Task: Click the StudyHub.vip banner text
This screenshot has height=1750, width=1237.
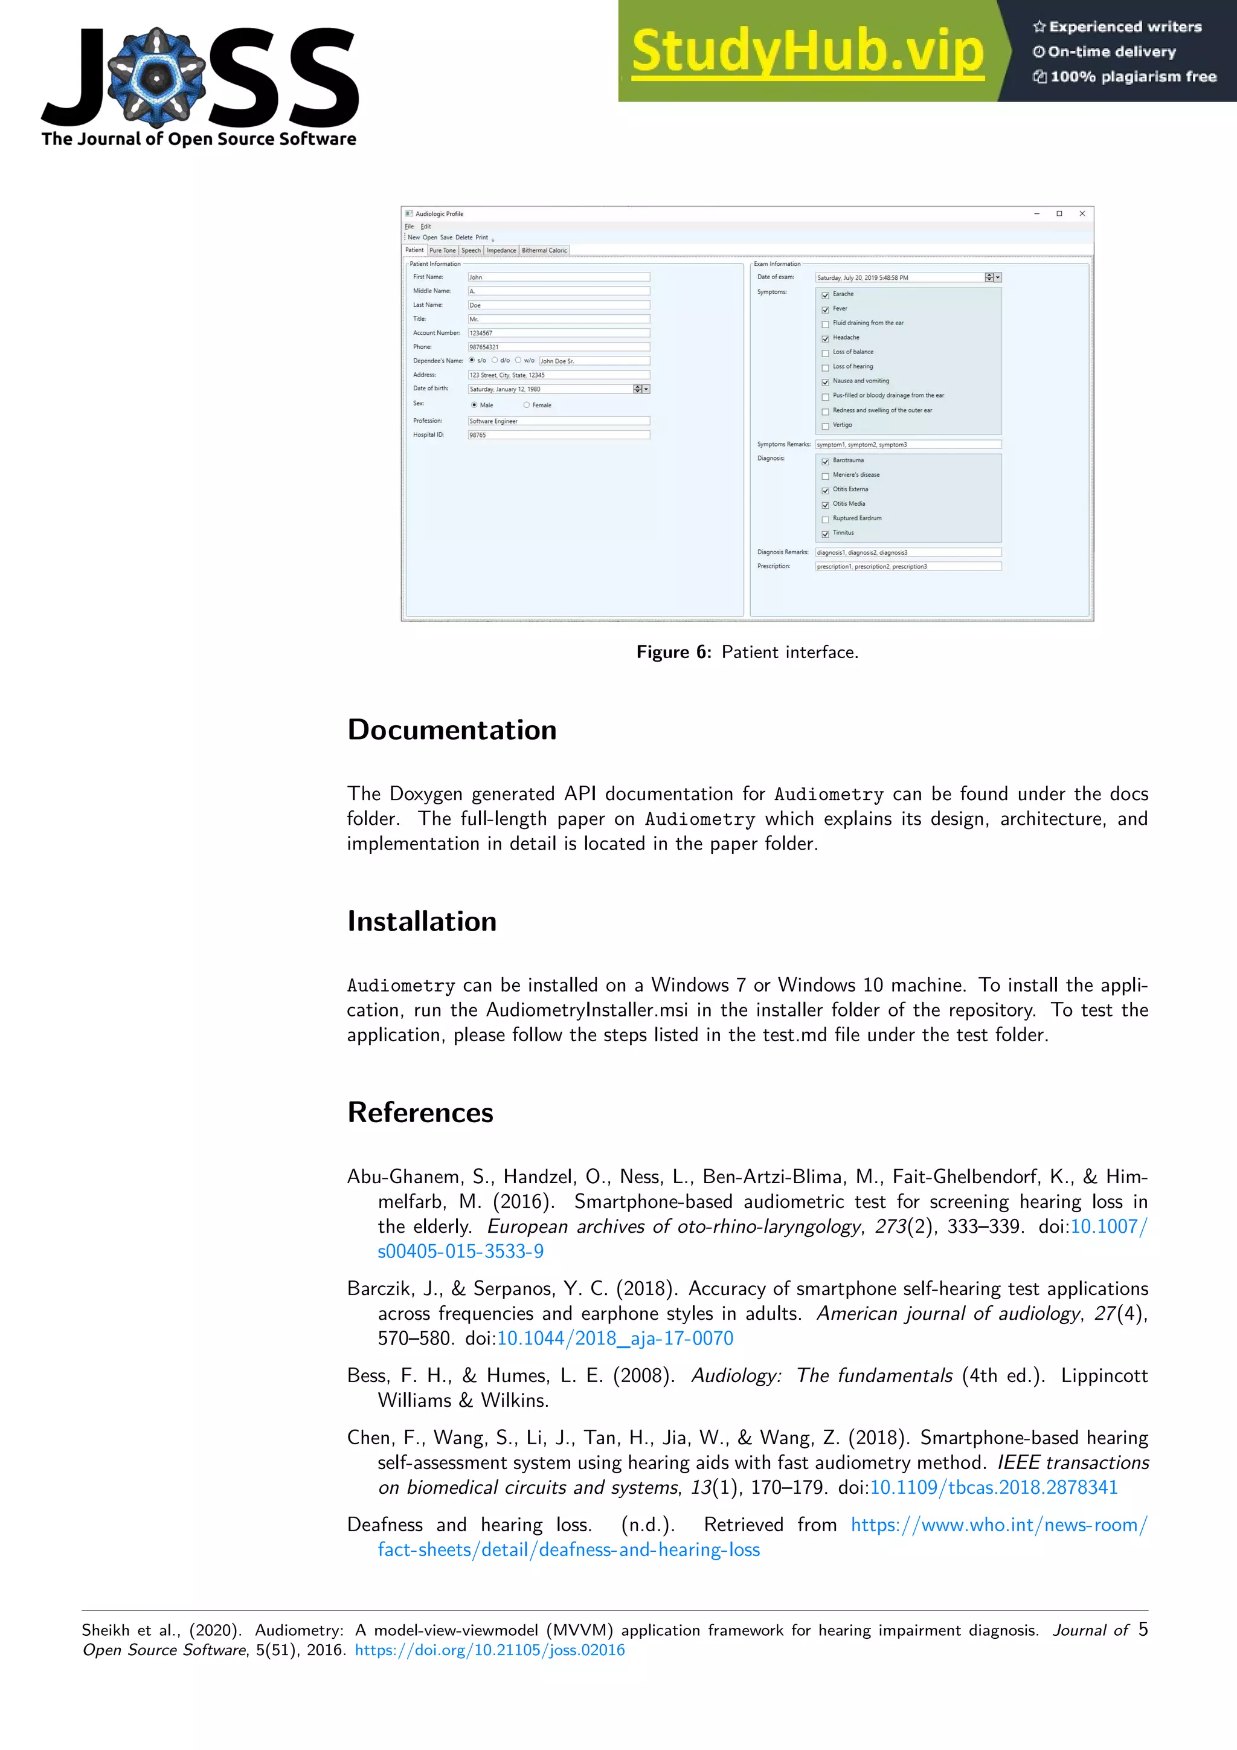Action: click(808, 51)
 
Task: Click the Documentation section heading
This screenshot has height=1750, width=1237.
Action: click(452, 729)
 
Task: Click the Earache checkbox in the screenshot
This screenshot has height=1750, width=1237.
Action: click(825, 295)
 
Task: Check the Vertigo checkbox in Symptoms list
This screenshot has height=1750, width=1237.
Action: click(825, 426)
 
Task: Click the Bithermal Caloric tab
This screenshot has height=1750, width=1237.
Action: click(544, 250)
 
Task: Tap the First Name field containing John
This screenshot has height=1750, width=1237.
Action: click(558, 277)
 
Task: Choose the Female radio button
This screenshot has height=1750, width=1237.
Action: click(526, 405)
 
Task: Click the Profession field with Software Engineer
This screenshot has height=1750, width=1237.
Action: click(558, 421)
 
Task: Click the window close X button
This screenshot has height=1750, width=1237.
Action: click(1082, 213)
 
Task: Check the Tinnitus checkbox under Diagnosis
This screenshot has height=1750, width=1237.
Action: click(825, 534)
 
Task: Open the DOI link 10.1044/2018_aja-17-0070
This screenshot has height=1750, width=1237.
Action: click(615, 1338)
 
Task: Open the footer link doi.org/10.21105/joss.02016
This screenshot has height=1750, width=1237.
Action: click(490, 1650)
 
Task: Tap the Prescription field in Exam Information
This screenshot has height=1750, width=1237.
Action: click(908, 566)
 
